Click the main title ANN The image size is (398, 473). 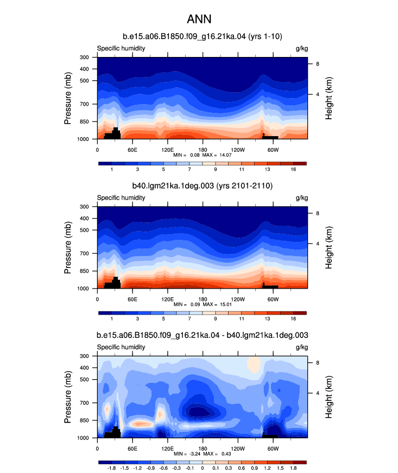click(199, 19)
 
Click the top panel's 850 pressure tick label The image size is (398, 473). click(84, 122)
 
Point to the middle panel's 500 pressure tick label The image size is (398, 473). click(84, 230)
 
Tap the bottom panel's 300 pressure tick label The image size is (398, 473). click(84, 356)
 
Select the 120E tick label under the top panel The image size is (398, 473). click(167, 150)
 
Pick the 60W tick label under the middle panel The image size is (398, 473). click(273, 299)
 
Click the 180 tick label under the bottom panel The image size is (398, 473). click(203, 449)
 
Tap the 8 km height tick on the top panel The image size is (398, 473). click(318, 64)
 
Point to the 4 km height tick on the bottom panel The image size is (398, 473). click(318, 393)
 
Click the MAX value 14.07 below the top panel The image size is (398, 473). click(225, 155)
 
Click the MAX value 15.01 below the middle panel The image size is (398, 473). click(225, 304)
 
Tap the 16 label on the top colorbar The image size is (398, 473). click(293, 170)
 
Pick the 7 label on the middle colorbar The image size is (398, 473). click(189, 319)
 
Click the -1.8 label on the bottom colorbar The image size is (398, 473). click(111, 468)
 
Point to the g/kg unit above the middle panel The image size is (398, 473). click(302, 198)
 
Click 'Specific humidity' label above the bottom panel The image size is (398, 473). click(121, 347)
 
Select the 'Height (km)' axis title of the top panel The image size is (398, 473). click(328, 98)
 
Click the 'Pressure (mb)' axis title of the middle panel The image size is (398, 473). click(68, 248)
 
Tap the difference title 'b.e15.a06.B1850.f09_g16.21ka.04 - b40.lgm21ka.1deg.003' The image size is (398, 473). click(203, 335)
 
